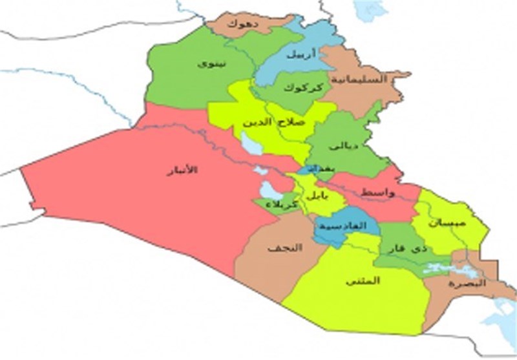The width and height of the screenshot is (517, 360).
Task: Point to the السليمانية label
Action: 359,79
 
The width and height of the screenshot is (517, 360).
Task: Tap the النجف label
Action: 279,248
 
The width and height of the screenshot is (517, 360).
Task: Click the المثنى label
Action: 362,281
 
